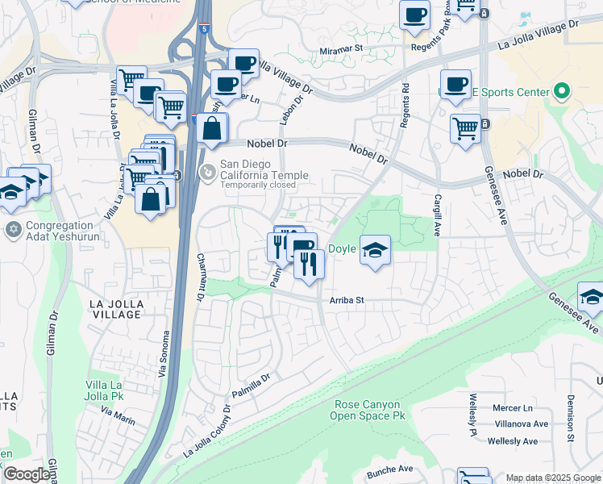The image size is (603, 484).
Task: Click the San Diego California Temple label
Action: tap(264, 171)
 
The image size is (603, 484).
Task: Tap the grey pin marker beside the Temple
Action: tap(208, 172)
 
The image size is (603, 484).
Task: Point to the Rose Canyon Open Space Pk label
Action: tap(367, 410)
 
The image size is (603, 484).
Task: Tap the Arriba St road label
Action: tap(347, 300)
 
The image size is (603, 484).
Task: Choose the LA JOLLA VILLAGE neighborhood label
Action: tap(117, 308)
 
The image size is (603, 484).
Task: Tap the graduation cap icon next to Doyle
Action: tap(375, 249)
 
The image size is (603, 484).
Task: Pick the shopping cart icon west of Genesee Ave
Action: tap(466, 127)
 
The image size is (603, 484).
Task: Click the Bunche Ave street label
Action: tap(389, 469)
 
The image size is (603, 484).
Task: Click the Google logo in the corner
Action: tap(26, 474)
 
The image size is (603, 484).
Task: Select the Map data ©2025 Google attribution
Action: tap(553, 478)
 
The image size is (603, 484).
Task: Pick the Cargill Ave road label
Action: tap(439, 215)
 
